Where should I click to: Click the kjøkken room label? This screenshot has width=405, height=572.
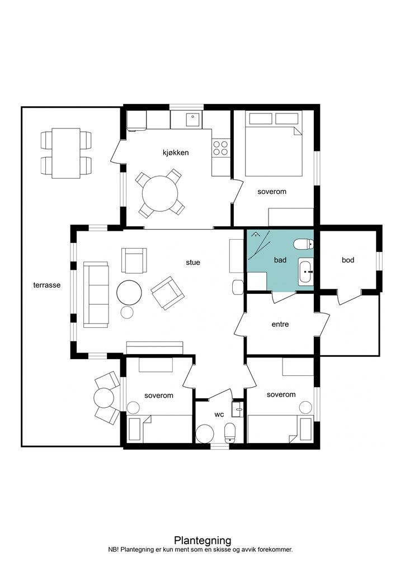[x=176, y=152]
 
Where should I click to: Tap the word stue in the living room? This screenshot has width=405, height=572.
[x=193, y=263]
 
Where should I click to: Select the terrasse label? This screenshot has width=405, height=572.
[x=47, y=285]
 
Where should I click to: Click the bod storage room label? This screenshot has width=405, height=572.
[x=348, y=260]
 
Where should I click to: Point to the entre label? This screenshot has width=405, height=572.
[x=280, y=324]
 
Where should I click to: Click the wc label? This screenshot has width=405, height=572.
[x=219, y=414]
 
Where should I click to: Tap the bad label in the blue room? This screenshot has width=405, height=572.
[x=280, y=260]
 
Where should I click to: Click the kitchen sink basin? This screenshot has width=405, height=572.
[x=192, y=120]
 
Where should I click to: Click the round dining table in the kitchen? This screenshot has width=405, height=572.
[x=160, y=193]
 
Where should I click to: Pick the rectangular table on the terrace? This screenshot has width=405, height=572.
[x=66, y=153]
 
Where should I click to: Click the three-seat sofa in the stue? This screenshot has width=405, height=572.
[x=96, y=294]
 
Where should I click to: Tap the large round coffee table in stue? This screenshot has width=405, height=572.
[x=129, y=292]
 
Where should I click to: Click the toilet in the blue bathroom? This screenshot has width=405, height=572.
[x=304, y=244]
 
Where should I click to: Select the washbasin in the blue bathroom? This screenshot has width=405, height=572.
[x=306, y=272]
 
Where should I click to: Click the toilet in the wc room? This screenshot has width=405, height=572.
[x=230, y=433]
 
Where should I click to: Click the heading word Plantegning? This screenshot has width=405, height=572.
[x=202, y=540]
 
